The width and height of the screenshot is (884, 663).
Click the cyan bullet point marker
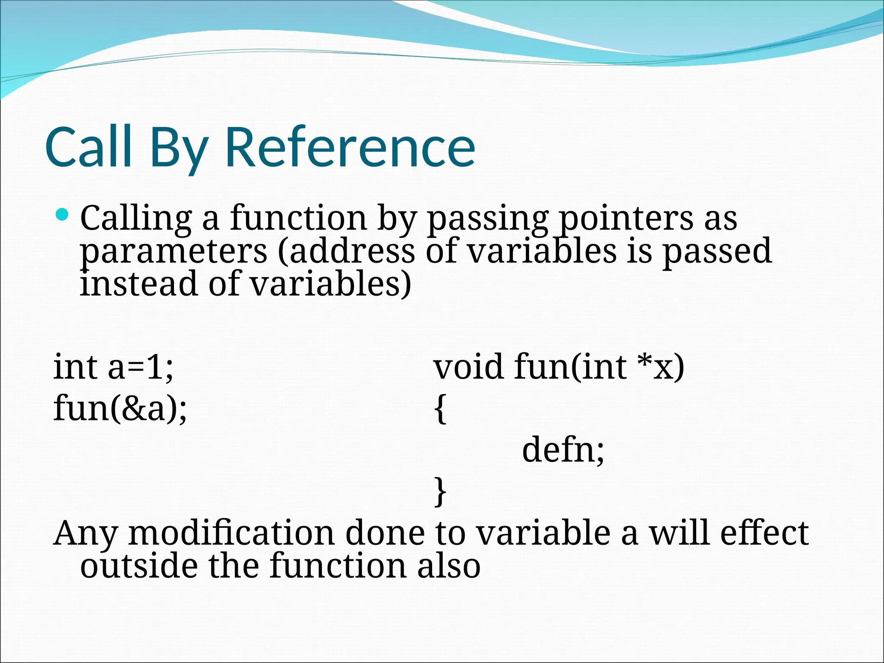coord(63,214)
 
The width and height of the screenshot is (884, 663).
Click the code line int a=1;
coord(113,367)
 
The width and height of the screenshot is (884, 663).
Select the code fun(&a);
coord(120,408)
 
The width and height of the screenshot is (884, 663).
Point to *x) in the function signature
coord(661,367)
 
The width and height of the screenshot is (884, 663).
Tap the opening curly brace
coord(440,409)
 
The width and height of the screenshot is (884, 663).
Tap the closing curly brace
coord(440,491)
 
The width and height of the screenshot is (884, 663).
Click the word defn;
coord(563,450)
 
